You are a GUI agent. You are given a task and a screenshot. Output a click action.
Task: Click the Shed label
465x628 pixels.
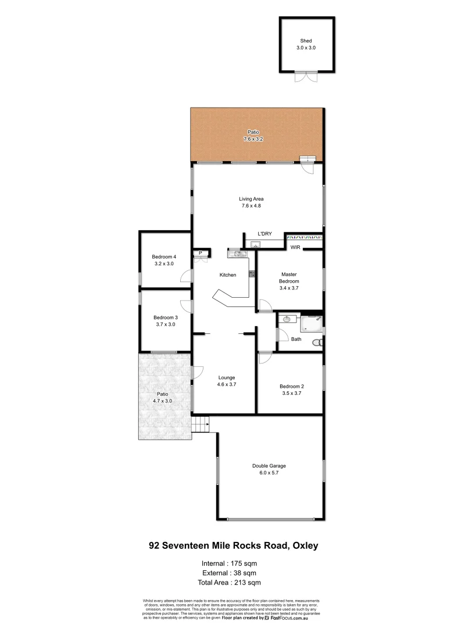(306, 41)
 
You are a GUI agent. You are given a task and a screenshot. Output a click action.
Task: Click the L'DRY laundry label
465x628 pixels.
(264, 234)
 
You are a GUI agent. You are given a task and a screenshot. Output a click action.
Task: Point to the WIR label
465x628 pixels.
(295, 248)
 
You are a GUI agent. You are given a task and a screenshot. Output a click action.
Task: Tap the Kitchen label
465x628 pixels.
(227, 275)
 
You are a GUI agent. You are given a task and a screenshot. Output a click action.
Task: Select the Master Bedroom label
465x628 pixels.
(289, 277)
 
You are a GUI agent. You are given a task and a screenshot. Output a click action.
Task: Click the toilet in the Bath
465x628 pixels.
(317, 343)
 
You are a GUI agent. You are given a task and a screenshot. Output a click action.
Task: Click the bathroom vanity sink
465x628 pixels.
(287, 319)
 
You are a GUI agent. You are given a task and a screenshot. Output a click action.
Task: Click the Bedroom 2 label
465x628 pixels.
(291, 386)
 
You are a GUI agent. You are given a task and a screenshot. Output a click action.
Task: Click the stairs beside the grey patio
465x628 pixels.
(201, 426)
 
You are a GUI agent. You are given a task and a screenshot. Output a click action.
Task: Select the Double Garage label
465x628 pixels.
(269, 466)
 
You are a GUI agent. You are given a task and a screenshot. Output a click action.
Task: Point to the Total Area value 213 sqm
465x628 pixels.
(246, 581)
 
